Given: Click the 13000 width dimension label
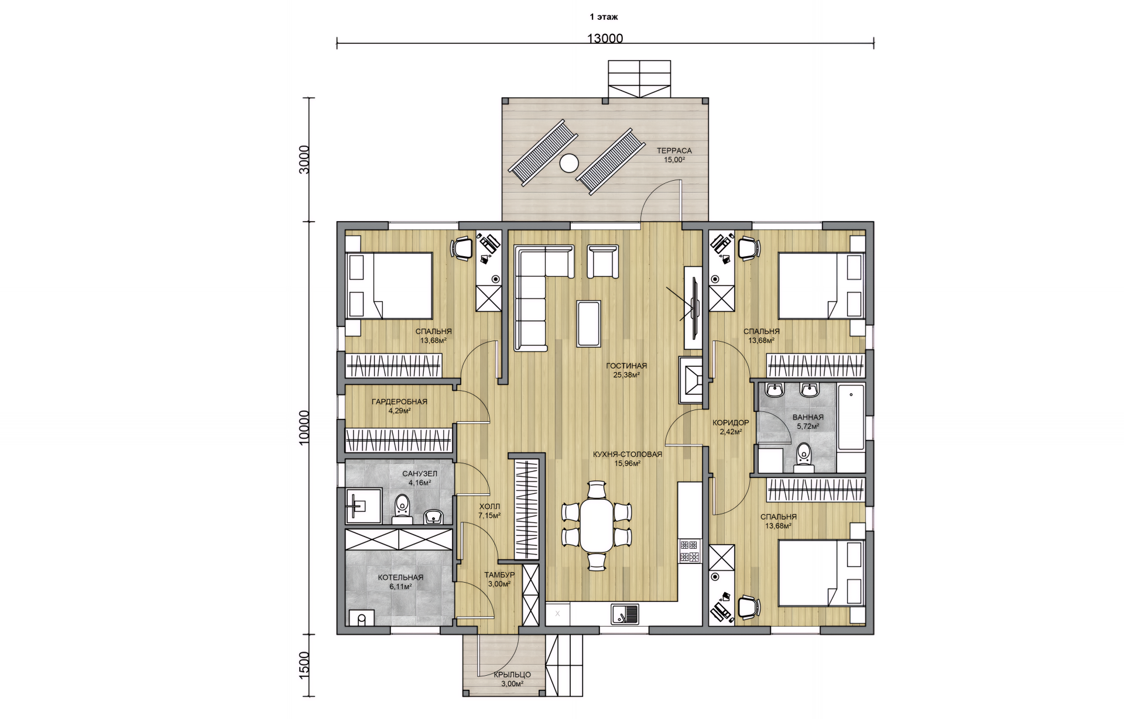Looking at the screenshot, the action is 605,39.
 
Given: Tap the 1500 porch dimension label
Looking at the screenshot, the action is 304,665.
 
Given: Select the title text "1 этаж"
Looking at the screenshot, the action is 604,17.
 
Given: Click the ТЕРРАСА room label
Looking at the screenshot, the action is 674,151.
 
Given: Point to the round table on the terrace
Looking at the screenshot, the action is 568,163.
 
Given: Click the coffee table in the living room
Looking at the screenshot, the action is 588,324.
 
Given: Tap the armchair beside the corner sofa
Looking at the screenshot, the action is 602,262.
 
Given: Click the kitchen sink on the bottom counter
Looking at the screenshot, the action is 625,614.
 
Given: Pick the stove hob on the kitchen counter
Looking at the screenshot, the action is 690,551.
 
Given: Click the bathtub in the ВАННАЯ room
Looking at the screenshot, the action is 851,417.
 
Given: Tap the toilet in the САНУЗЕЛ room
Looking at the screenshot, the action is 402,508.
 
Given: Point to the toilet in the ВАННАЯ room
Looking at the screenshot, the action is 804,457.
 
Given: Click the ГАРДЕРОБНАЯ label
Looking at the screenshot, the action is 399,402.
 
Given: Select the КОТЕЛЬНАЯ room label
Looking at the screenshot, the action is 400,577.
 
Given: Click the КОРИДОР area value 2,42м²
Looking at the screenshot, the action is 731,432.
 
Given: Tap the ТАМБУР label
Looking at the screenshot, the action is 499,575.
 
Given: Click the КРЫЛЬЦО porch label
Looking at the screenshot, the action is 512,675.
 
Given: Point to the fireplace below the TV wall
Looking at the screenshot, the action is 691,380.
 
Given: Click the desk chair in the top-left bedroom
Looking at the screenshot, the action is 462,247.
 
